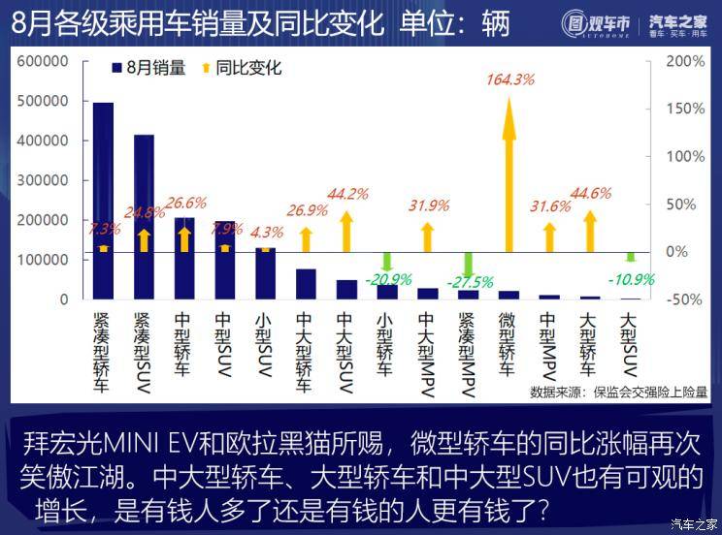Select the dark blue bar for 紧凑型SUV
(x=144, y=217)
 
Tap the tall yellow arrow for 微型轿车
(x=509, y=174)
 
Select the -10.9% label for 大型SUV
(x=631, y=279)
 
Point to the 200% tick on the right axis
(x=686, y=61)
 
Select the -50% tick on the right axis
(x=686, y=299)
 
